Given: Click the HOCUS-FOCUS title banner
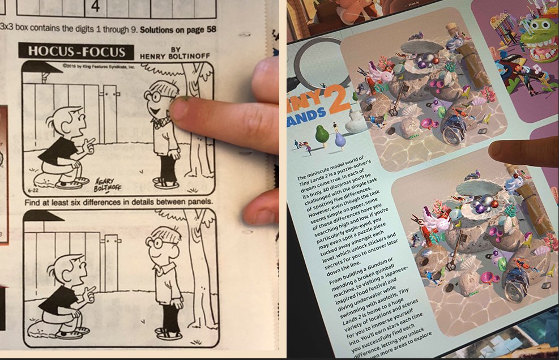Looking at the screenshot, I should click(76, 51).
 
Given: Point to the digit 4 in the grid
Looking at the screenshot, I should click(95, 7).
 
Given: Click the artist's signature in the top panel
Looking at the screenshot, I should click(110, 182).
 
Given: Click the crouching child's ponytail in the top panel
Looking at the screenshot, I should click(52, 121).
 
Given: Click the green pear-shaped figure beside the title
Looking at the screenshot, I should click(322, 135).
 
